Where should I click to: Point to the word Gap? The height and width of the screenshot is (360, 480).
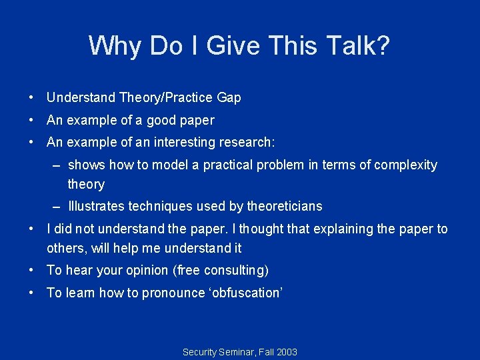229,98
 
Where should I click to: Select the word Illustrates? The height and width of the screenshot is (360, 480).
95,206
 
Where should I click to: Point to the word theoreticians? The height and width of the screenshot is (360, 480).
282,206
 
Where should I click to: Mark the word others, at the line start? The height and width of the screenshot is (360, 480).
65,249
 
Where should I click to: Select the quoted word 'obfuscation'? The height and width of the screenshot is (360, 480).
247,293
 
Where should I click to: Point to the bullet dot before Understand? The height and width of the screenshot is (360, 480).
31,98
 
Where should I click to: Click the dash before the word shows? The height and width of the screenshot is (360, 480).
58,165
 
